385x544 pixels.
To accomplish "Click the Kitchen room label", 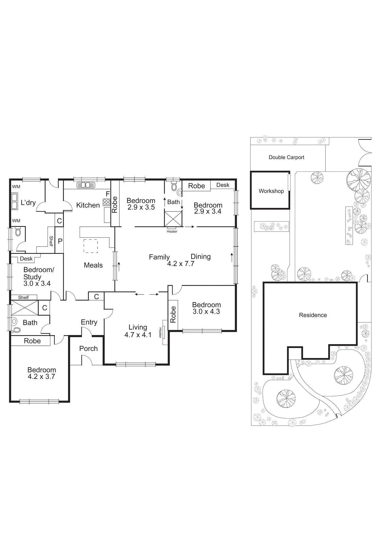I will pos(88,205).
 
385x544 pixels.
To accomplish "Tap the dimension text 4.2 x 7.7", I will pos(181,264).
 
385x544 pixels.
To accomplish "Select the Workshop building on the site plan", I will pos(270,190).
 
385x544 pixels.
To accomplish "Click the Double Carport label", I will pos(286,157).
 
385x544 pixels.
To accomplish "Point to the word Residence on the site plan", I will pos(313,315).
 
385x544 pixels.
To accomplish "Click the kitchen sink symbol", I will pos(86,185).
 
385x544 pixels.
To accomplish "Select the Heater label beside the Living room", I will pos(160,333).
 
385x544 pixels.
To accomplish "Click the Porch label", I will pos(88,348).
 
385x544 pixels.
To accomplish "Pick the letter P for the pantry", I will pos(60,241).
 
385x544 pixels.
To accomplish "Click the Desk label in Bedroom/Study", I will pos(26,259).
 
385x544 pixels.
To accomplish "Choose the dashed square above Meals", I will pos(90,246).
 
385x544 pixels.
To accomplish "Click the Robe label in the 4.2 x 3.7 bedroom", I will pos(32,341).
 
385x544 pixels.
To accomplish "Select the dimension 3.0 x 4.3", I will pos(206,311).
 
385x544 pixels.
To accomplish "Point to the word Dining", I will pos(201,257).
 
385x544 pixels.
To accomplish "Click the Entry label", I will pos(89,322).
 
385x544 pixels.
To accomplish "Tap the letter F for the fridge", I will pos(108,194).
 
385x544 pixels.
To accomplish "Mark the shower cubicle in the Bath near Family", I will pos(173,219).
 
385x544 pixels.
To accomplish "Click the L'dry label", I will pos(28,203).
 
